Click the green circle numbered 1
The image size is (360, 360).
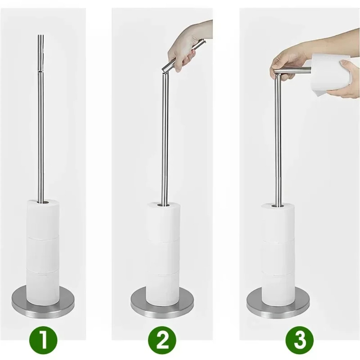[43, 339]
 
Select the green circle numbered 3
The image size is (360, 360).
[300, 339]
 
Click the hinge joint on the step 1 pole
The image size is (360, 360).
[41, 71]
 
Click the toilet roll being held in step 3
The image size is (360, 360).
[329, 74]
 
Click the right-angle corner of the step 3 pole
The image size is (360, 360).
[276, 72]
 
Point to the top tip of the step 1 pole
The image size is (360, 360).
[41, 36]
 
